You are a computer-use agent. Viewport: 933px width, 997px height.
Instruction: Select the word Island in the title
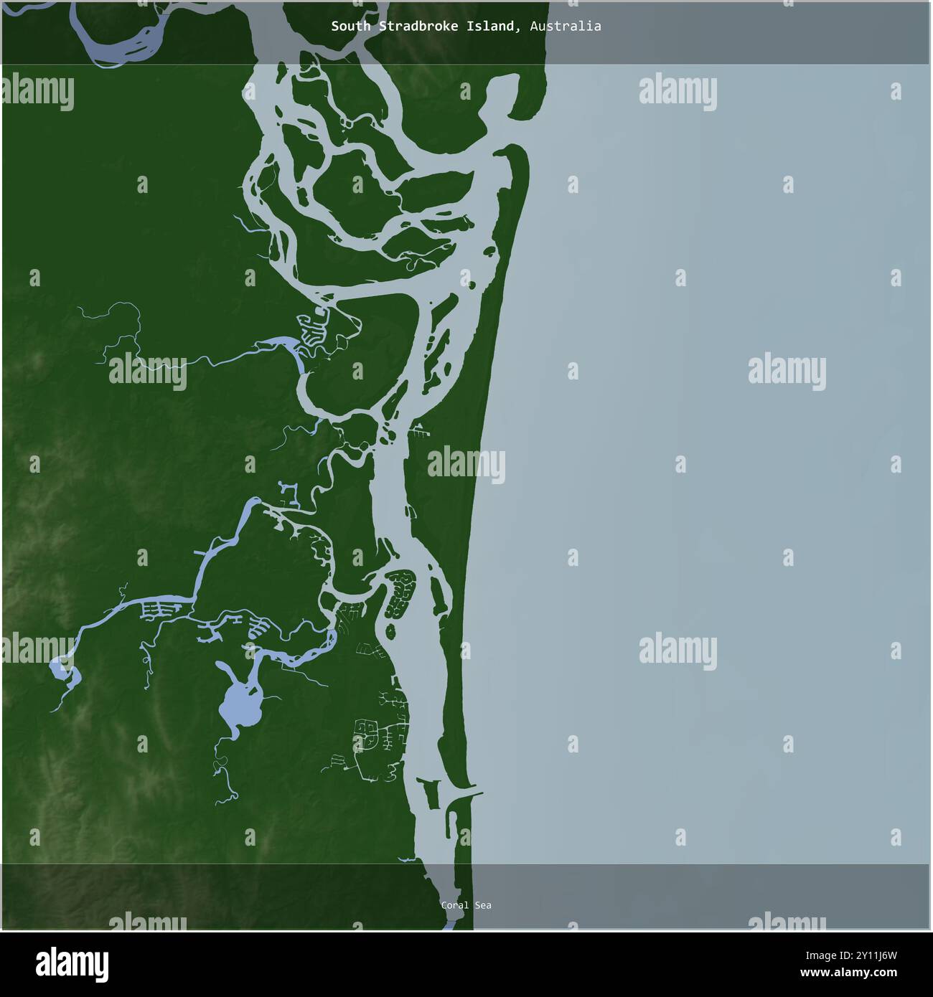coord(494,27)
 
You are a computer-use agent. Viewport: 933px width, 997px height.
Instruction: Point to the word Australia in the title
coord(566,27)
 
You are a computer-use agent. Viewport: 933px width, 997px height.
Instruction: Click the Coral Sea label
coord(466,905)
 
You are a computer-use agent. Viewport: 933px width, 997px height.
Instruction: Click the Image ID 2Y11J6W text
coord(872,955)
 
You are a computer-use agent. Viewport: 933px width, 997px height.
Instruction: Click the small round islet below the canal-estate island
coord(392,630)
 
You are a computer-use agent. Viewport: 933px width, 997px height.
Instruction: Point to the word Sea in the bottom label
coord(483,905)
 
